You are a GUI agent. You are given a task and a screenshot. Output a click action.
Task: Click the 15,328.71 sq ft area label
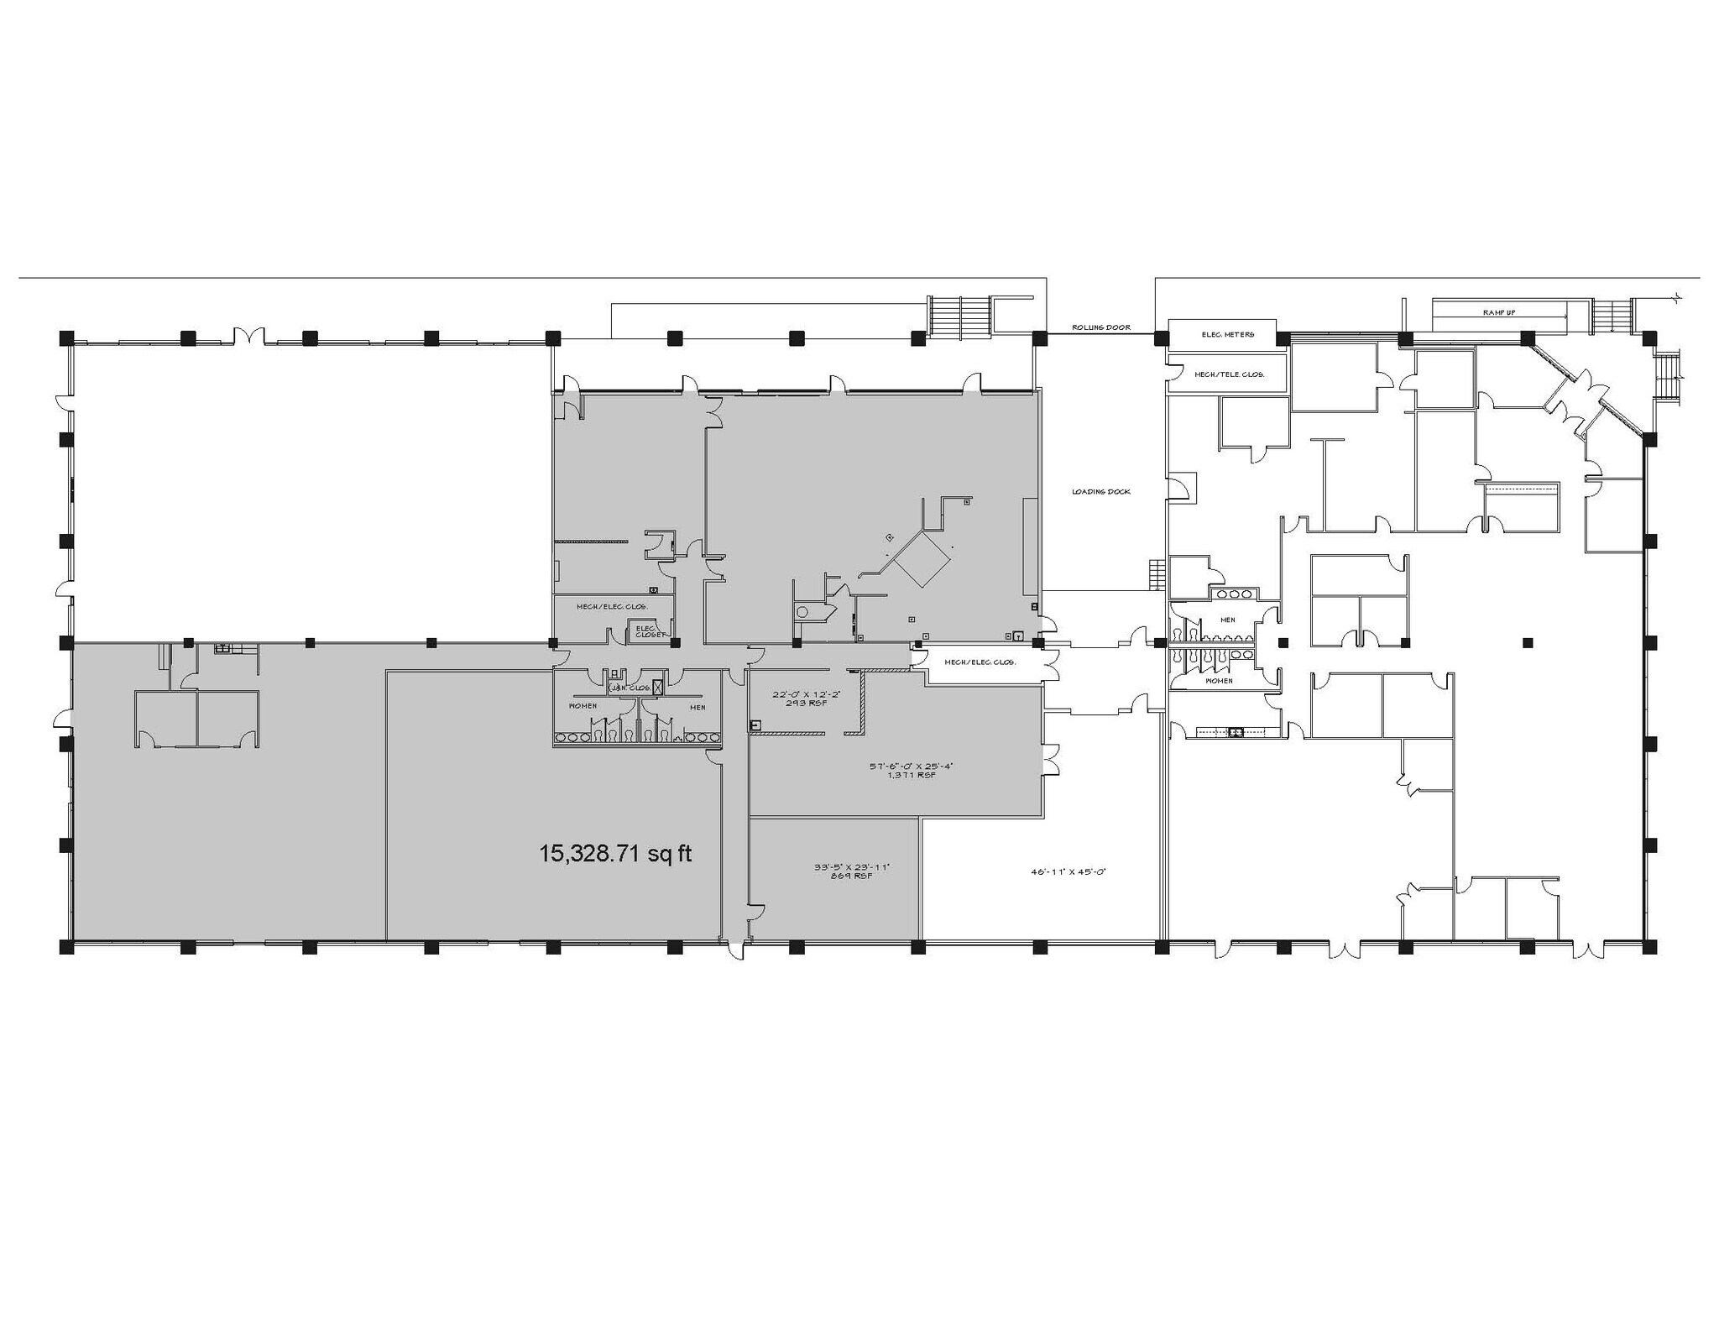pyautogui.click(x=615, y=854)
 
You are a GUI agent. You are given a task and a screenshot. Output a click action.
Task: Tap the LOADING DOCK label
pyautogui.click(x=1100, y=491)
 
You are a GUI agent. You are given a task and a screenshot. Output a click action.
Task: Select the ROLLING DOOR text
pyautogui.click(x=1100, y=327)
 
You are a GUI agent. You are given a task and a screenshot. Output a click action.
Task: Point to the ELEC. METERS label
pyautogui.click(x=1227, y=334)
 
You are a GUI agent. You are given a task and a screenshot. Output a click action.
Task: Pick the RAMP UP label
pyautogui.click(x=1498, y=312)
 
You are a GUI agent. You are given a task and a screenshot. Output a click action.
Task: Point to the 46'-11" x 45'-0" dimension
pyautogui.click(x=1068, y=871)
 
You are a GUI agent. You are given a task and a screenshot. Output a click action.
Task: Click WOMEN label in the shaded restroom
pyautogui.click(x=583, y=706)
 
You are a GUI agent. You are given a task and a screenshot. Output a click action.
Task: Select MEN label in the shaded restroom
pyautogui.click(x=698, y=707)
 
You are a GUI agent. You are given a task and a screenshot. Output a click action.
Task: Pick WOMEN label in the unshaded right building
pyautogui.click(x=1219, y=680)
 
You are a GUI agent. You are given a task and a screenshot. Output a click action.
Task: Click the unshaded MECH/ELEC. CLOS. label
pyautogui.click(x=980, y=662)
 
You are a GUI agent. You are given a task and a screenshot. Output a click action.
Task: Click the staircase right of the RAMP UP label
pyautogui.click(x=1610, y=317)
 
